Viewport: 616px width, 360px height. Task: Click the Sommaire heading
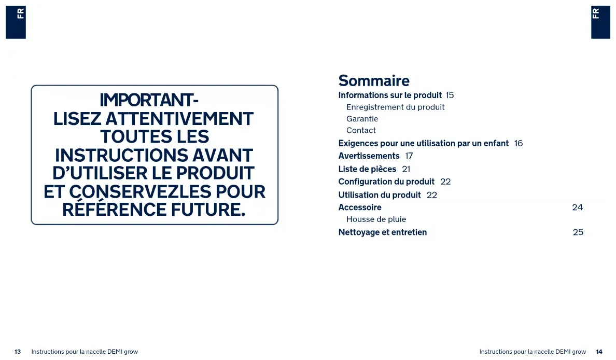(x=374, y=80)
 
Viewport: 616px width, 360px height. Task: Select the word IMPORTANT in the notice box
(x=146, y=100)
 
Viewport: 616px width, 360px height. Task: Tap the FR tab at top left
(x=16, y=22)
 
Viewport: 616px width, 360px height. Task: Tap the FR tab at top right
(x=600, y=22)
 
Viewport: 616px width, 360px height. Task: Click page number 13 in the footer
(x=18, y=352)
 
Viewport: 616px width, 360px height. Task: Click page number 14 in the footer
(x=599, y=352)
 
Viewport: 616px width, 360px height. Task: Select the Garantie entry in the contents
(x=362, y=119)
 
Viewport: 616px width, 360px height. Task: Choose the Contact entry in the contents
(x=361, y=130)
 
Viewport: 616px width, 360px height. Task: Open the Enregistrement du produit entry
(x=395, y=107)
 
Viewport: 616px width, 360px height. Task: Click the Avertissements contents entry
(x=369, y=156)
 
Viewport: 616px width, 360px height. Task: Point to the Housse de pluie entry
(x=376, y=219)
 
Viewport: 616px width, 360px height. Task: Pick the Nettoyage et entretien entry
(x=383, y=232)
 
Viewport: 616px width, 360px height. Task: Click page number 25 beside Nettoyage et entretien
(x=578, y=232)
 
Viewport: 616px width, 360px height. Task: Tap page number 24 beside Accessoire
(x=577, y=207)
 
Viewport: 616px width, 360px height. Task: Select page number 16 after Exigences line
(x=519, y=144)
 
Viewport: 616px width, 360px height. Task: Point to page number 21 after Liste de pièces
(x=406, y=169)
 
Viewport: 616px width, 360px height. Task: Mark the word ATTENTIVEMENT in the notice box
(x=179, y=119)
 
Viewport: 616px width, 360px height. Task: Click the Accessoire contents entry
(x=360, y=207)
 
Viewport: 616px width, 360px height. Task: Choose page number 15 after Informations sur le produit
(x=450, y=95)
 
